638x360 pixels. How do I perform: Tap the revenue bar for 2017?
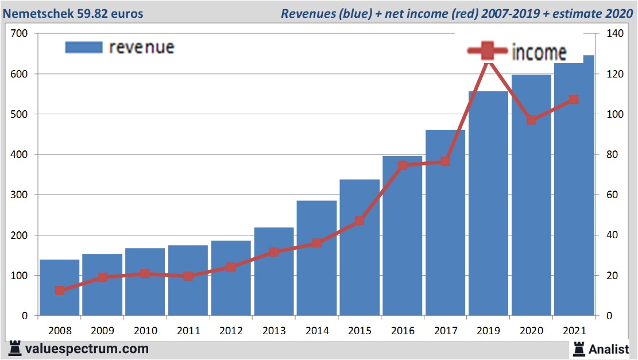click(446, 230)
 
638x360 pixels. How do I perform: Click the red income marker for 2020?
click(532, 120)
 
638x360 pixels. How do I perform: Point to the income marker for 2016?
click(403, 165)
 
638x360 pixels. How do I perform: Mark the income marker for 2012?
click(231, 267)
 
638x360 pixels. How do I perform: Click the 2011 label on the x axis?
click(188, 331)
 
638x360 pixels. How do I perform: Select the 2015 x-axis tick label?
click(360, 331)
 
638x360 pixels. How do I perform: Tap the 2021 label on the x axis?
click(574, 331)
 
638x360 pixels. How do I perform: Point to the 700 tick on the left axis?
click(20, 34)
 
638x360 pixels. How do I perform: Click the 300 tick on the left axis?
click(20, 195)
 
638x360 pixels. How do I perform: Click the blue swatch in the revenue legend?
click(84, 47)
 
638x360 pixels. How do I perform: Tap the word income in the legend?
click(539, 52)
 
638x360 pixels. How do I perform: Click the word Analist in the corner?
click(609, 349)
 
